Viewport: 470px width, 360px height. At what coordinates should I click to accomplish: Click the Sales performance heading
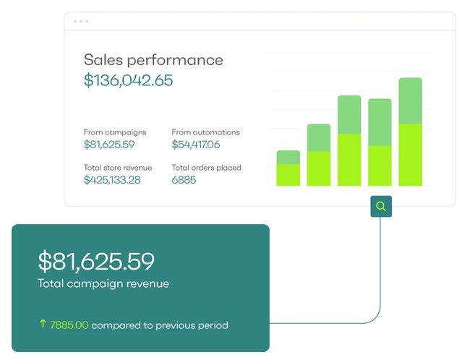pyautogui.click(x=153, y=60)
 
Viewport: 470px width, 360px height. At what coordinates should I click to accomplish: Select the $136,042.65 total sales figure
pyautogui.click(x=128, y=80)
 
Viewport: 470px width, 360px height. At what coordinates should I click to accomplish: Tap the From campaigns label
pyautogui.click(x=115, y=132)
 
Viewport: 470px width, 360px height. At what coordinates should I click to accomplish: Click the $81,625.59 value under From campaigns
pyautogui.click(x=109, y=145)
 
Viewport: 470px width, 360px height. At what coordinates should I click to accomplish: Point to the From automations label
pyautogui.click(x=205, y=132)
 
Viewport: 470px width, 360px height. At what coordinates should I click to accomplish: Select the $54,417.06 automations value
pyautogui.click(x=196, y=145)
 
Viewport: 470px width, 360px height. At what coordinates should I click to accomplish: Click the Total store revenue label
pyautogui.click(x=118, y=168)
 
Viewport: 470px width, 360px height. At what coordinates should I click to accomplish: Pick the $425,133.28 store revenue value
pyautogui.click(x=112, y=180)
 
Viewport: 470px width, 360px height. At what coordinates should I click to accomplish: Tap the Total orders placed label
pyautogui.click(x=206, y=168)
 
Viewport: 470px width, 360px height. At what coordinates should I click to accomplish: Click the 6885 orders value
pyautogui.click(x=184, y=180)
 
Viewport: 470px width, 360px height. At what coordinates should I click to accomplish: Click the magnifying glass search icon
pyautogui.click(x=381, y=206)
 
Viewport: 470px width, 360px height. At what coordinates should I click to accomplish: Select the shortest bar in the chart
pyautogui.click(x=288, y=168)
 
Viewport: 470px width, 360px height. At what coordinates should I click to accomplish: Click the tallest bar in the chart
pyautogui.click(x=411, y=132)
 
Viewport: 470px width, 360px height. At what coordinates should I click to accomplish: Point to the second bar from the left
pyautogui.click(x=319, y=155)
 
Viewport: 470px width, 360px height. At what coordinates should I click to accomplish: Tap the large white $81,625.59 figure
pyautogui.click(x=96, y=262)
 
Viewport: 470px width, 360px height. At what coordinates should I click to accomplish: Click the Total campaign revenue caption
pyautogui.click(x=103, y=283)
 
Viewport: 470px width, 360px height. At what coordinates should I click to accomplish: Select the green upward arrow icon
pyautogui.click(x=43, y=324)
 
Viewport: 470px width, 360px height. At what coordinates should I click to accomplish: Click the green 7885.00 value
pyautogui.click(x=69, y=325)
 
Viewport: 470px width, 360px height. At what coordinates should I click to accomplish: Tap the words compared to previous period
pyautogui.click(x=160, y=325)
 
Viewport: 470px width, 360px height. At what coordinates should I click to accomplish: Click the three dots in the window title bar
pyautogui.click(x=81, y=22)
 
